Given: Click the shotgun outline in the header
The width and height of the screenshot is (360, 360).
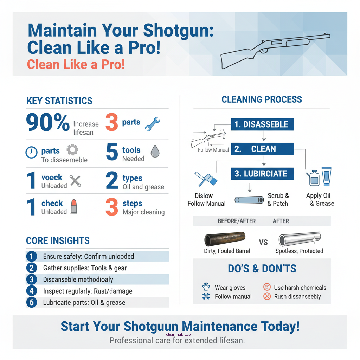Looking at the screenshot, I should (x=274, y=51).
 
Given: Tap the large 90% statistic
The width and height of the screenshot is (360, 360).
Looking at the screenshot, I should (x=48, y=123).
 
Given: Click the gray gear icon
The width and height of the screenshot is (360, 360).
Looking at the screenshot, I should (x=72, y=150).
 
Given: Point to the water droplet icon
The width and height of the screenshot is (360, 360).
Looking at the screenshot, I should (x=155, y=152).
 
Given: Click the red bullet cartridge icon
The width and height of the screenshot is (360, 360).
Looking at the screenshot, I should (x=73, y=207).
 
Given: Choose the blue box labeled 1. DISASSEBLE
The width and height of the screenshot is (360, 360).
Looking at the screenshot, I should (x=262, y=124).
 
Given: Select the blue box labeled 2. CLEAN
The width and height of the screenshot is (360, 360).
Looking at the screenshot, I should (x=262, y=149).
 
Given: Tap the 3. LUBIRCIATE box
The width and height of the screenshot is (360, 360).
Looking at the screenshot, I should (x=262, y=174).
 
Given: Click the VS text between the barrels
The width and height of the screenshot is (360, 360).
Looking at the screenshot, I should (x=263, y=242).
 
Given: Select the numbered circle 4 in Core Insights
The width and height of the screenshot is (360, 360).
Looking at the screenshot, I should (x=31, y=291).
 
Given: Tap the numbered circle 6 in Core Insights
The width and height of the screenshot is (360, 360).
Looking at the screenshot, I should (x=31, y=303).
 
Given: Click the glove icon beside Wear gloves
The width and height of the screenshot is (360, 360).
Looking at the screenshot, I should (x=206, y=287).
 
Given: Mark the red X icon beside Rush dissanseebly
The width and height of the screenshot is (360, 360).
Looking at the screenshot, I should (x=267, y=296).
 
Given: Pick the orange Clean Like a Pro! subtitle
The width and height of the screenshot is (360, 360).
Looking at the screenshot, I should (x=76, y=64).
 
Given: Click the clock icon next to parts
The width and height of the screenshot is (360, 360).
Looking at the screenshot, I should (x=31, y=152).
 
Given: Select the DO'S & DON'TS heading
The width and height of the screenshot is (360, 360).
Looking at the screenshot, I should (x=262, y=269).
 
